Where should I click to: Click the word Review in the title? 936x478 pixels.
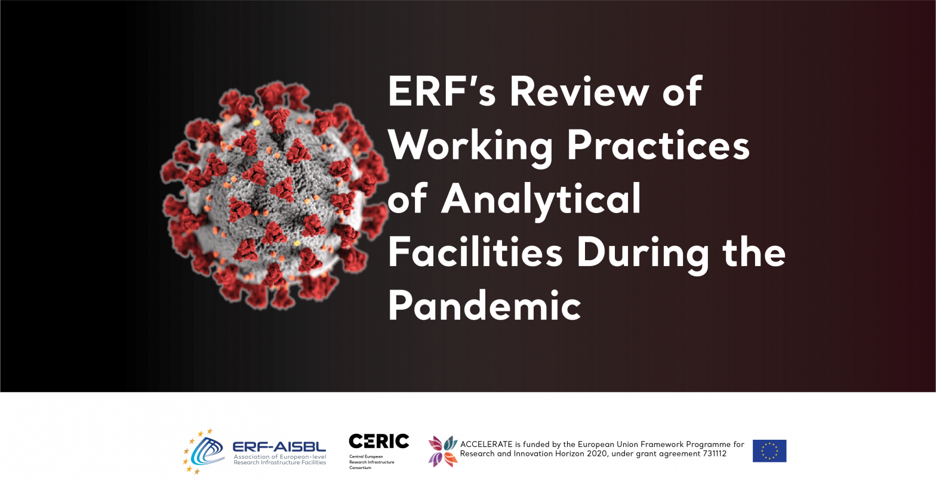[580, 91]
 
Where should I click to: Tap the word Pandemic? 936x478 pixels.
[485, 306]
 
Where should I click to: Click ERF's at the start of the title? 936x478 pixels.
[442, 91]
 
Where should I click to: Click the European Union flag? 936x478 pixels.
[769, 451]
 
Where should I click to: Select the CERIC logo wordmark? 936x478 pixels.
[379, 441]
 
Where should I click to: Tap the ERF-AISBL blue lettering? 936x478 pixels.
[279, 447]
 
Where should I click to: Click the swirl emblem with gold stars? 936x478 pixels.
[204, 451]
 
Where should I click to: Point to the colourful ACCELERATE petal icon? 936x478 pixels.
[443, 451]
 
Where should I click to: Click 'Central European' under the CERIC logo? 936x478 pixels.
[366, 457]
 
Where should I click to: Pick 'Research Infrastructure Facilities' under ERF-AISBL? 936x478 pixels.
[279, 462]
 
